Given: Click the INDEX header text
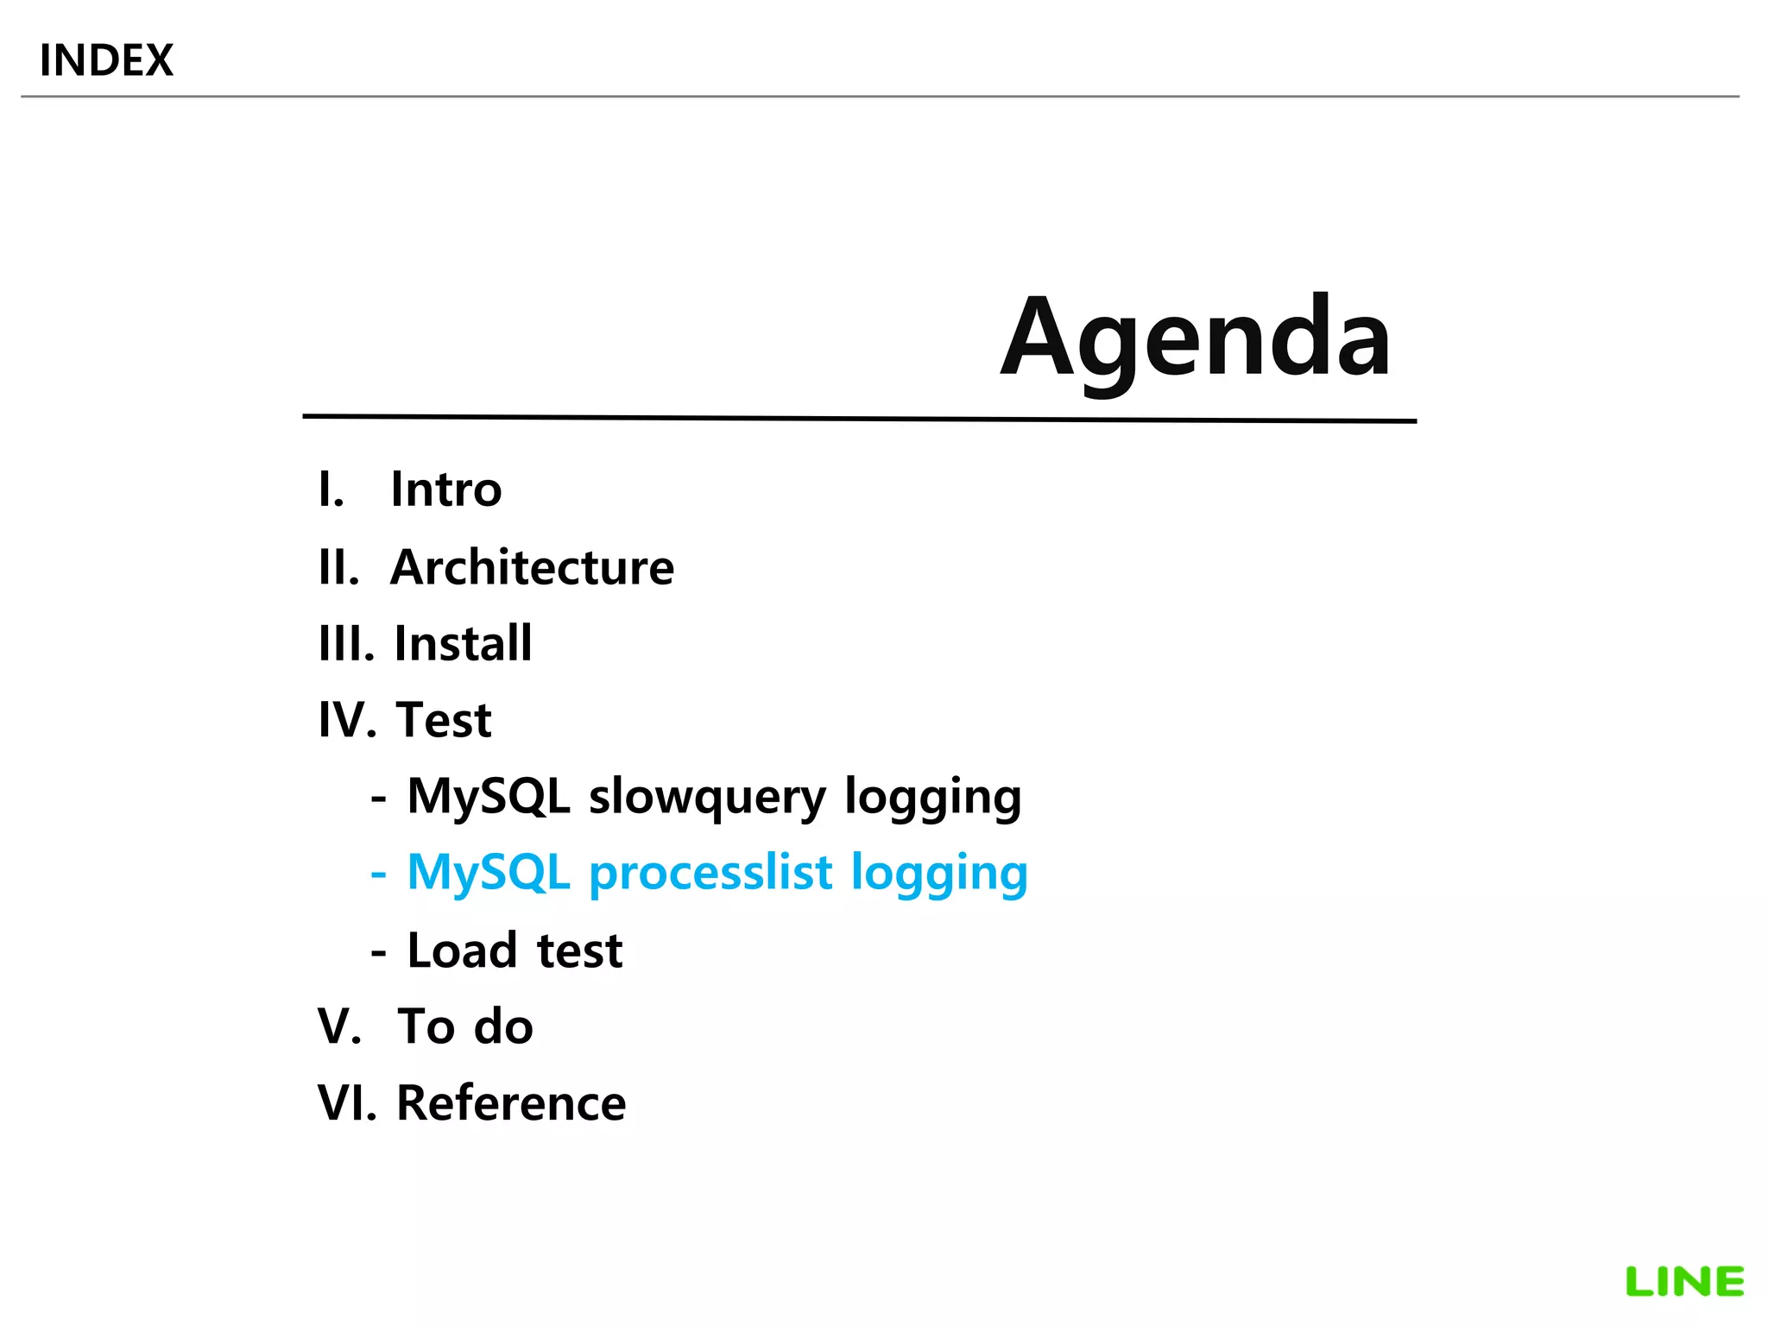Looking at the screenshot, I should (106, 60).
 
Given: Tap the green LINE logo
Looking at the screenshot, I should (1684, 1282).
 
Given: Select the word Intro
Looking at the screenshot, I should (445, 489).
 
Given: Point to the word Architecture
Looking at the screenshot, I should (532, 567).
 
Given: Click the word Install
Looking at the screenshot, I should (463, 643).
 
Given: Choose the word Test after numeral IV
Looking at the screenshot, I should (444, 720).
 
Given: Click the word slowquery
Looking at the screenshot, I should (707, 797).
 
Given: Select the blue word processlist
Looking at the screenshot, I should (710, 873).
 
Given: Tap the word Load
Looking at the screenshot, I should (462, 950).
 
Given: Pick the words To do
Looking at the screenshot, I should (465, 1026).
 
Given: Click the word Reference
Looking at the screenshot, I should (511, 1103).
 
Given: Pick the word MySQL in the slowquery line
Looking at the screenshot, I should (489, 795).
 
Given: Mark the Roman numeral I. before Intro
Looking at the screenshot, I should (331, 489).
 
